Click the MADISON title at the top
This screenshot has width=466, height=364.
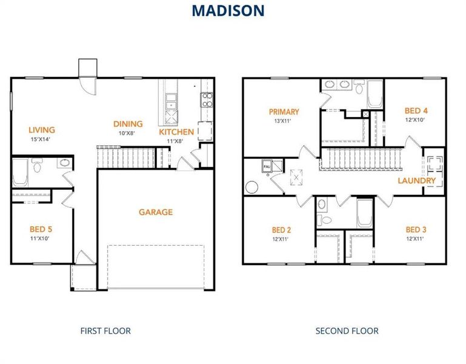[x=228, y=10]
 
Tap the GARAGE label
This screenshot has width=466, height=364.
[x=156, y=212]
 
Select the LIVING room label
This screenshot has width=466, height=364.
[x=42, y=130]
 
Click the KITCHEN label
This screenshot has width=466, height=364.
[x=176, y=132]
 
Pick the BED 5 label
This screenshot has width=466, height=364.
[x=41, y=229]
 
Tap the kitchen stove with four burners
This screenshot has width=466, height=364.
[x=207, y=99]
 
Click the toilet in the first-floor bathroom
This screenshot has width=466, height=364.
[x=38, y=166]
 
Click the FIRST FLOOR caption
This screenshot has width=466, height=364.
[x=105, y=331]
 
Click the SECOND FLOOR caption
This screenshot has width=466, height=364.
[x=347, y=331]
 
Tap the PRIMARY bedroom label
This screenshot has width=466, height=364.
[x=284, y=112]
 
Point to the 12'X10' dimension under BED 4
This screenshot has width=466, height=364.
[x=416, y=120]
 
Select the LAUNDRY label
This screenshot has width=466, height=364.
[x=416, y=181]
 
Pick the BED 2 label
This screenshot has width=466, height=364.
[x=282, y=230]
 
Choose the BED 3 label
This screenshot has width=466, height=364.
[x=416, y=229]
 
